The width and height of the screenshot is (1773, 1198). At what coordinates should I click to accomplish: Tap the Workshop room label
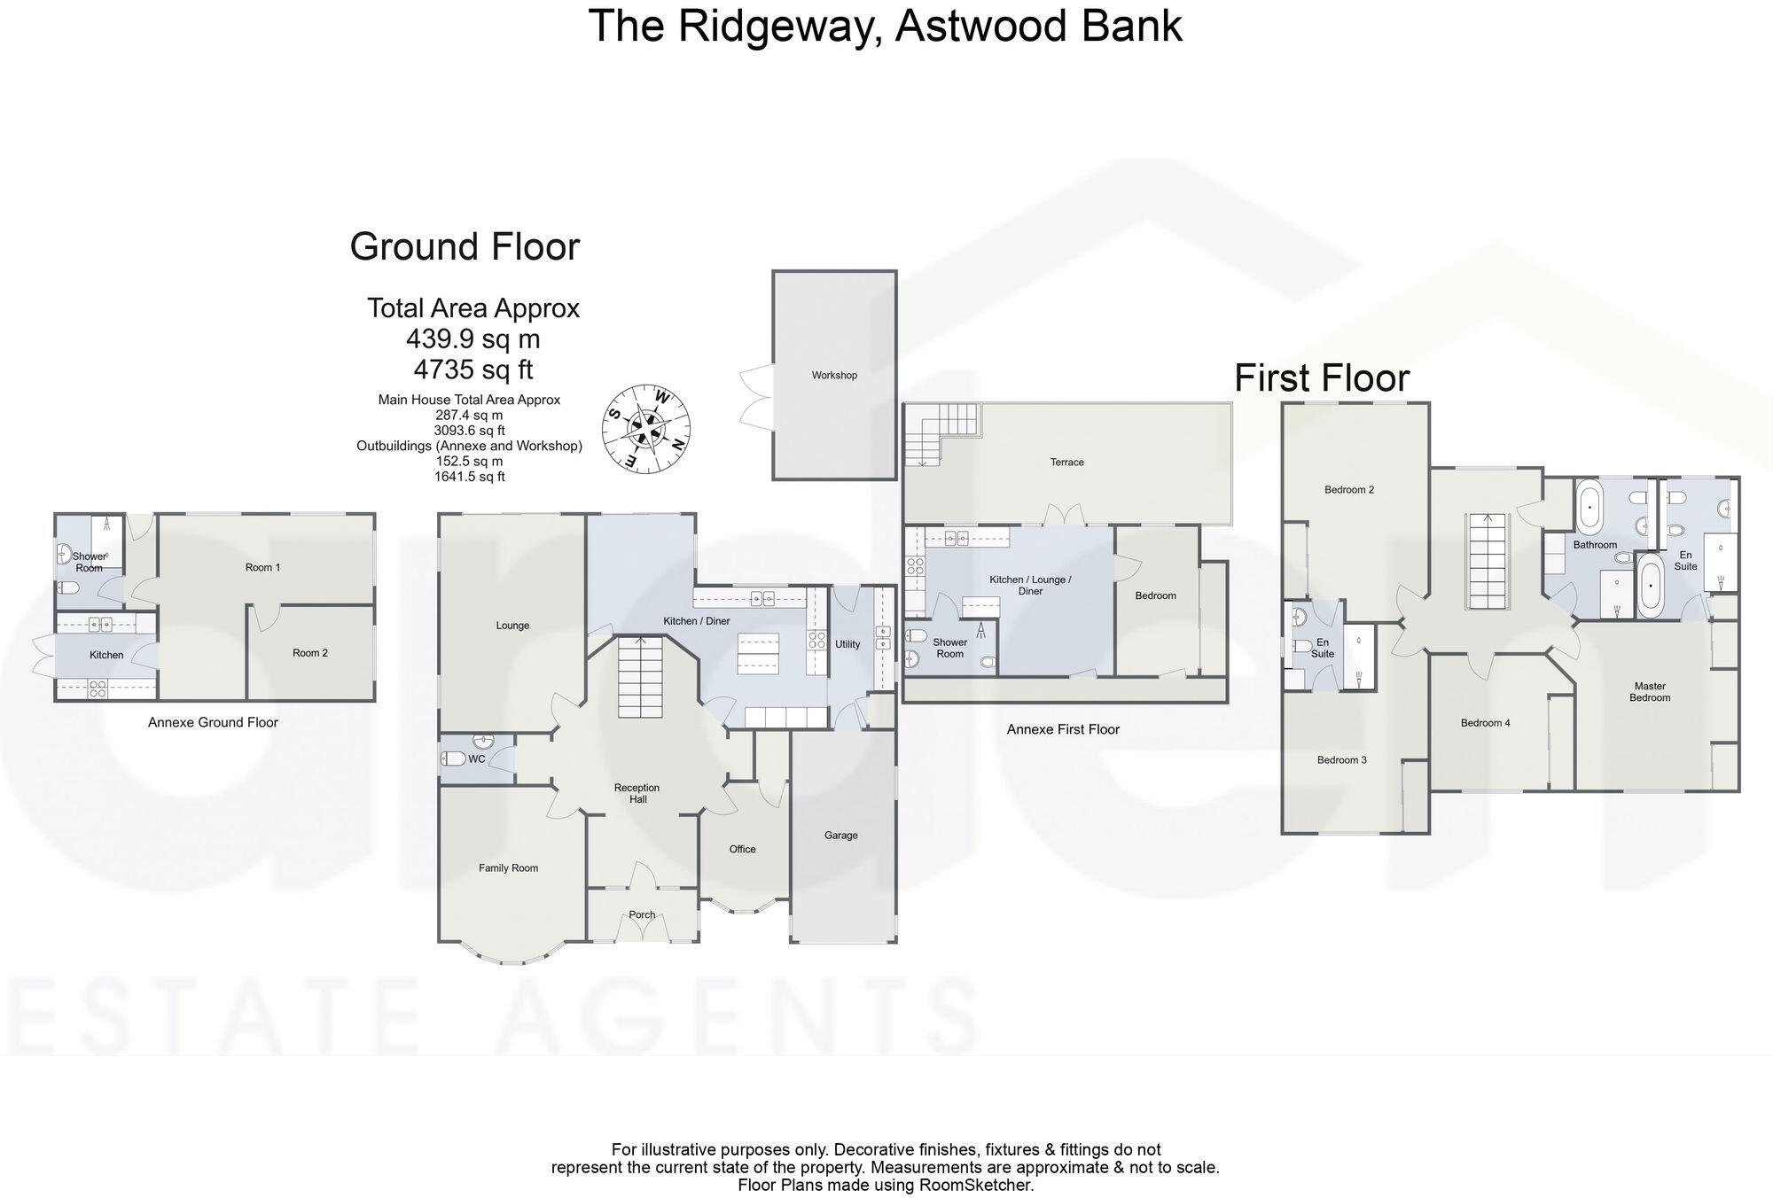pos(834,376)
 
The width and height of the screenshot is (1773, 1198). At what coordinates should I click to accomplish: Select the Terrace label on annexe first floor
pos(1066,463)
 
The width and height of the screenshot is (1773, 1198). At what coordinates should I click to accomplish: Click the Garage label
pos(840,836)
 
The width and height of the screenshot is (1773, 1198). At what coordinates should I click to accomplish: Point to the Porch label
pos(642,915)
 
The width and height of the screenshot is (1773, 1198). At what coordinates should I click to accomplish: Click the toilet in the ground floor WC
pos(454,758)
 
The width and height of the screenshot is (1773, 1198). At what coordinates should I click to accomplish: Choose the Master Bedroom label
pos(1650,692)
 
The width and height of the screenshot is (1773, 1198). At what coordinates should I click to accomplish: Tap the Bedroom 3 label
pos(1341,760)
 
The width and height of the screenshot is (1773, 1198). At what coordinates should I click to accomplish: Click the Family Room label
pos(508,868)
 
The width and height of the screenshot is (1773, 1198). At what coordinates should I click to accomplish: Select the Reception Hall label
pos(637,793)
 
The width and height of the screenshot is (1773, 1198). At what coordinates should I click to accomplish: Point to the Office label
pos(742,849)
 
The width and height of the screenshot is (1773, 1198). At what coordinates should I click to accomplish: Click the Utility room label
pos(847,644)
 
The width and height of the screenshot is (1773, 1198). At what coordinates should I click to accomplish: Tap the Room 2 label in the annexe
pos(310,653)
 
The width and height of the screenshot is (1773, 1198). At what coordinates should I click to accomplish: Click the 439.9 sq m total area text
pos(473,339)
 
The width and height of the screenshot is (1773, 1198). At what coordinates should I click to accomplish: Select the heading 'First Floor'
pos(1321,378)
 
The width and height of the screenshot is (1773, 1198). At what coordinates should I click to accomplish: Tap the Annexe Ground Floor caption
pos(213,722)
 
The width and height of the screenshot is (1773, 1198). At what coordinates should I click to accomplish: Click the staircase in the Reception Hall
pos(640,678)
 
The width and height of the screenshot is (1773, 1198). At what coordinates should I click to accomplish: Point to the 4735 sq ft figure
pos(474,369)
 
